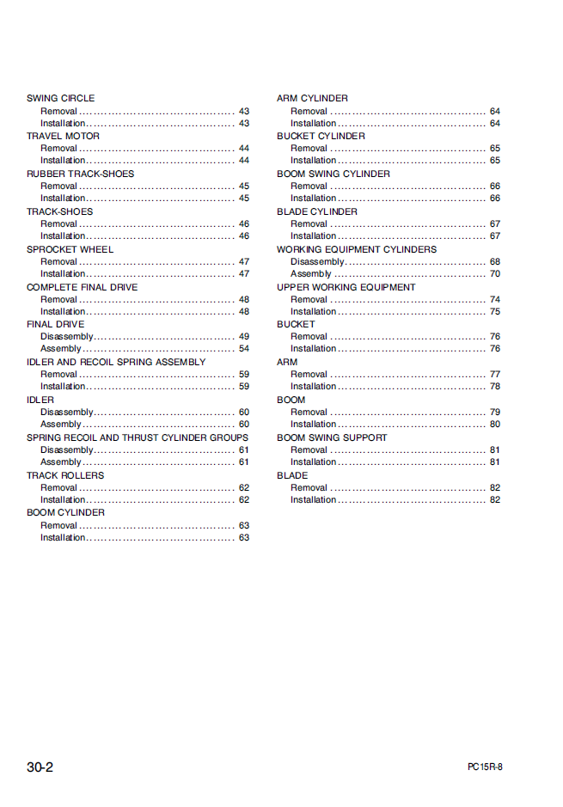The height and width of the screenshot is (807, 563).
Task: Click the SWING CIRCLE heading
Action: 60,98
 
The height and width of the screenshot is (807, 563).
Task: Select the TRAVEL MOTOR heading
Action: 63,136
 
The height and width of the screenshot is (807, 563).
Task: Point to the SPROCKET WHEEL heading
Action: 70,249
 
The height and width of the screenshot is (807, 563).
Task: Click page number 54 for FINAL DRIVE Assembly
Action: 244,349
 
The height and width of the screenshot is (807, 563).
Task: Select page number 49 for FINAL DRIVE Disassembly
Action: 244,337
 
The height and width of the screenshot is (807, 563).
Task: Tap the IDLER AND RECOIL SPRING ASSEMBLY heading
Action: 116,362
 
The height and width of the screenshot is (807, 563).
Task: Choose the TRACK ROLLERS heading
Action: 65,475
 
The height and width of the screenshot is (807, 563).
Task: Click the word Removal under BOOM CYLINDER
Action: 58,525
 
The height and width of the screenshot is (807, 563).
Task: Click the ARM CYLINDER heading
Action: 312,98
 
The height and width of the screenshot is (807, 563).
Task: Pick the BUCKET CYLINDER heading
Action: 321,136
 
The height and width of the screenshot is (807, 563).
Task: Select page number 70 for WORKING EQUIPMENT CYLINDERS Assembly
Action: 495,274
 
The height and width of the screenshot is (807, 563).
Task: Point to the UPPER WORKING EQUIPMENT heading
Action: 346,287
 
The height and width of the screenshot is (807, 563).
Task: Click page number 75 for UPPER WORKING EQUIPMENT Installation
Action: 495,312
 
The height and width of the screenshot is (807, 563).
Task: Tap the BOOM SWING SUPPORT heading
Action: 332,437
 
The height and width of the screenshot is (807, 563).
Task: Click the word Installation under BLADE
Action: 313,500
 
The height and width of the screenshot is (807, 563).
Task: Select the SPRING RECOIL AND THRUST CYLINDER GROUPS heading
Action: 138,437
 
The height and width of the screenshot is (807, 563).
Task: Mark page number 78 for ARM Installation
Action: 495,387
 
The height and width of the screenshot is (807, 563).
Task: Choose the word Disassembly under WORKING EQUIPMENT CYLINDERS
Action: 317,261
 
